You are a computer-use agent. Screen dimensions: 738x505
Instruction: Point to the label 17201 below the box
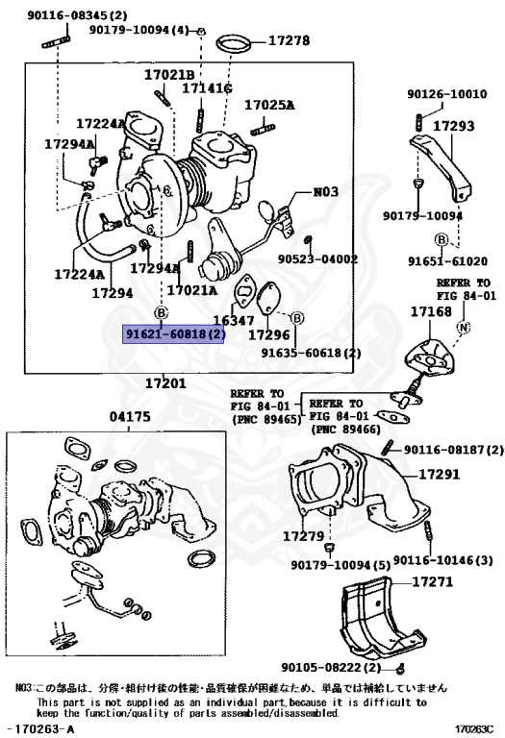tap(164, 383)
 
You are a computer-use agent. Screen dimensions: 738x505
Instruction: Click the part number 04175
tap(131, 418)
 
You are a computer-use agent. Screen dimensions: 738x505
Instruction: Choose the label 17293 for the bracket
tap(453, 125)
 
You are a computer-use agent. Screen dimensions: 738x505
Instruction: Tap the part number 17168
tap(431, 312)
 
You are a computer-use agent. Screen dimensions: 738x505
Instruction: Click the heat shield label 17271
tap(431, 582)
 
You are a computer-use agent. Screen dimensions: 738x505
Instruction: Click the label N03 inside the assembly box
tap(326, 191)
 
